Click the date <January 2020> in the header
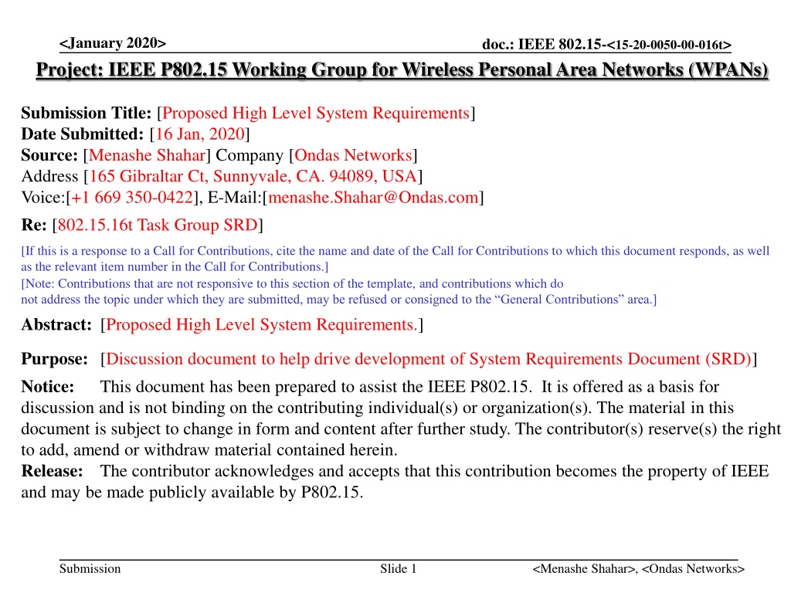tap(112, 42)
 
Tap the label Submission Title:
tap(87, 114)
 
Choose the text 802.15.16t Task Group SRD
tap(157, 225)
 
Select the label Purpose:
tap(53, 359)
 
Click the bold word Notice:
tap(47, 386)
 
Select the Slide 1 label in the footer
tap(398, 569)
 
